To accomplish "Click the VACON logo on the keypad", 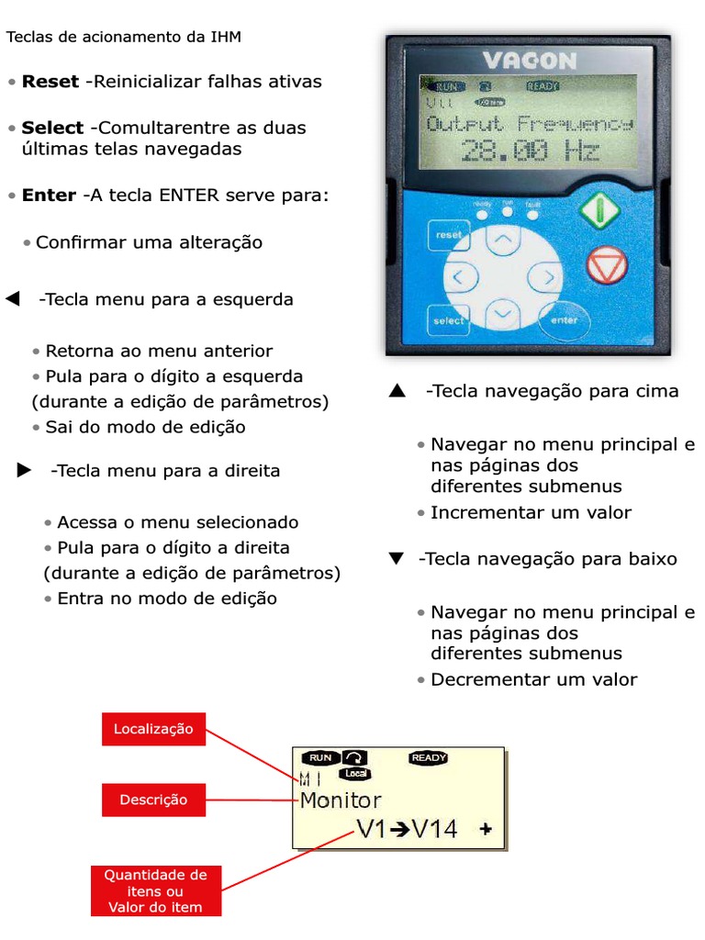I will [530, 62].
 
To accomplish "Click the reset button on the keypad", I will [449, 235].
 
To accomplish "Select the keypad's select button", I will [449, 320].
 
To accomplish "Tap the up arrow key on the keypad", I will [501, 242].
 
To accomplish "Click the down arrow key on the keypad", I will [501, 313].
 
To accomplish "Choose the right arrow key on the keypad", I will [547, 276].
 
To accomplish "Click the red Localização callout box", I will [153, 729].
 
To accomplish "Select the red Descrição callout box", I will [153, 800].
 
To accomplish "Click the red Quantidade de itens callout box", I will [155, 890].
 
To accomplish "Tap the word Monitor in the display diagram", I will [341, 800].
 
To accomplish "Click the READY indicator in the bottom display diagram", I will [429, 758].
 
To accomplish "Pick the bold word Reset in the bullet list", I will [50, 82].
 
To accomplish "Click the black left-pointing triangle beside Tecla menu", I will [13, 299].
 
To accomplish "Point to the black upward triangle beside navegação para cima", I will [397, 392].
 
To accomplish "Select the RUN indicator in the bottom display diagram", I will [319, 758].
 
